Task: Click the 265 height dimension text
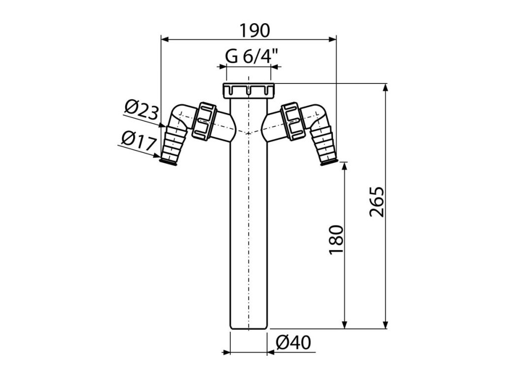(377, 201)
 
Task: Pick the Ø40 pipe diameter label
(294, 342)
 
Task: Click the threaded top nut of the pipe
(249, 91)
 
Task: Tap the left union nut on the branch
(204, 121)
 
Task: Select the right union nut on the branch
(293, 121)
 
